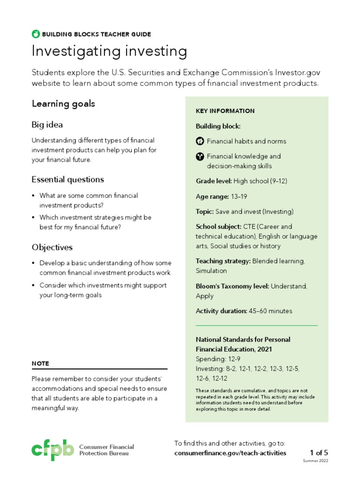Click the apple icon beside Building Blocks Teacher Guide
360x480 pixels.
[36, 34]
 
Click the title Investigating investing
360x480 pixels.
[109, 52]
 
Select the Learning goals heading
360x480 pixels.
[63, 104]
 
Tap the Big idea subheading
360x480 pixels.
[47, 125]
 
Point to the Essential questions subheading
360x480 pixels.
[67, 180]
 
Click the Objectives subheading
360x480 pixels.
[52, 247]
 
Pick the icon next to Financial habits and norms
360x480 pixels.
[200, 141]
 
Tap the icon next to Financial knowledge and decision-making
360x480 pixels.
[200, 156]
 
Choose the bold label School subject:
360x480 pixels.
[218, 226]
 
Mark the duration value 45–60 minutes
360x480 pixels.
[270, 311]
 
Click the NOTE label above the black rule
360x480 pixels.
[40, 363]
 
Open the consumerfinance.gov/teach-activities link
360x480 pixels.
[230, 453]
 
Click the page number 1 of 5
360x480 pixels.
[319, 453]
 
